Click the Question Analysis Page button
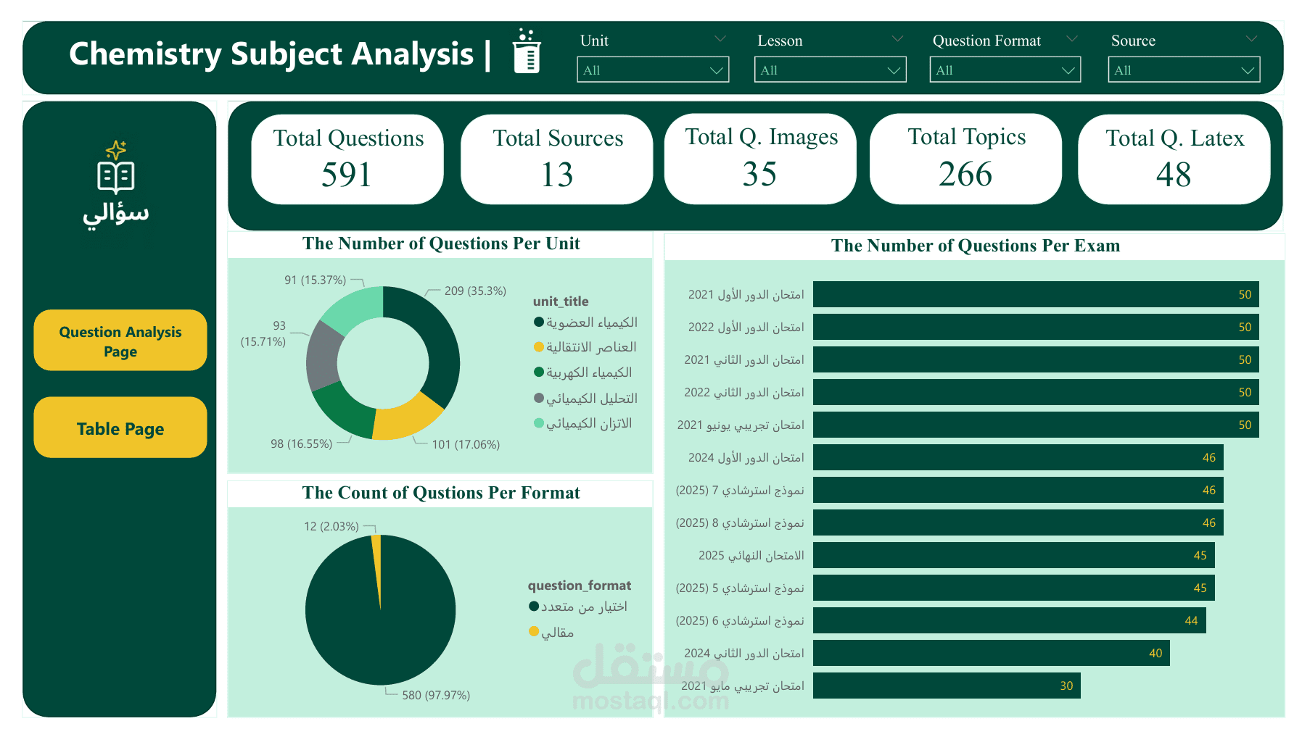click(x=120, y=341)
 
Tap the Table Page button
click(x=120, y=428)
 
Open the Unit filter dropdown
click(x=652, y=70)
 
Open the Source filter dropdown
click(x=1183, y=70)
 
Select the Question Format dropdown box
click(x=1005, y=70)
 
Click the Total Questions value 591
click(x=347, y=175)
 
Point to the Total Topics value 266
click(x=965, y=175)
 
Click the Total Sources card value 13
click(x=557, y=175)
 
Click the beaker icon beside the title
click(x=527, y=52)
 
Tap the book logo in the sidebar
click(x=116, y=174)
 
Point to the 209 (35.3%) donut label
click(x=475, y=291)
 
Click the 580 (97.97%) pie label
click(x=436, y=695)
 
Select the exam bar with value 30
click(x=946, y=686)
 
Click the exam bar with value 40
click(x=991, y=653)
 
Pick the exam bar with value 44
click(x=1008, y=620)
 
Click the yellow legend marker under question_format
click(x=534, y=631)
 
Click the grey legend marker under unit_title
click(x=539, y=398)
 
